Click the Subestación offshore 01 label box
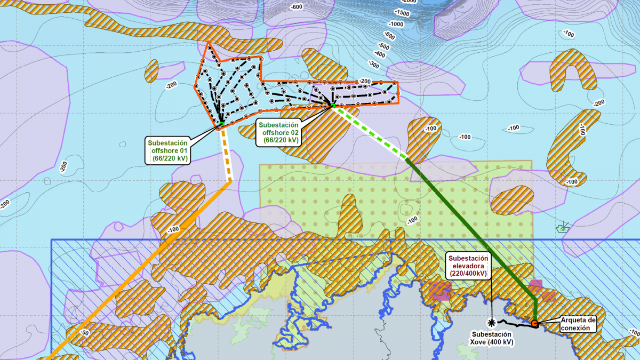coord(167,150)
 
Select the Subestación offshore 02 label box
coord(278,132)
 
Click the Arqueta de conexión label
coord(578,324)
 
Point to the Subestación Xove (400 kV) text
coord(492,338)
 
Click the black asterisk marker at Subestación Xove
coord(492,322)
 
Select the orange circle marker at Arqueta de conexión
coord(534,323)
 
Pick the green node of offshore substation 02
coord(333,106)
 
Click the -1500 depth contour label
coord(402,12)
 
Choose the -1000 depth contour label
coord(396,25)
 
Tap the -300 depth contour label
coord(374,65)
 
